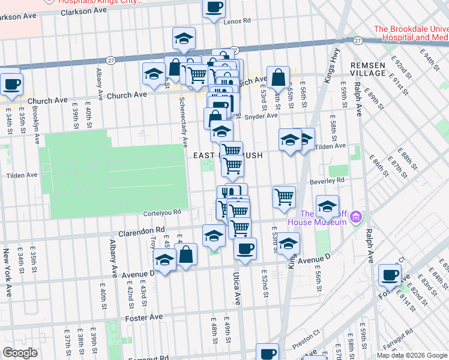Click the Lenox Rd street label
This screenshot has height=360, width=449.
pyautogui.click(x=237, y=21)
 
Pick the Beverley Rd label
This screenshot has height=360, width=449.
pyautogui.click(x=327, y=180)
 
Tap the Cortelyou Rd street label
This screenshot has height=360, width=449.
pyautogui.click(x=161, y=212)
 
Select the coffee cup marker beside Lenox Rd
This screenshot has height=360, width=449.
pyautogui.click(x=214, y=8)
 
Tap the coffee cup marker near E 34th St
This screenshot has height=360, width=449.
pyautogui.click(x=11, y=83)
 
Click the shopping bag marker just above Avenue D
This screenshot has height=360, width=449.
pyautogui.click(x=187, y=254)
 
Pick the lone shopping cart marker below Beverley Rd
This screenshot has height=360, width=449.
pyautogui.click(x=285, y=196)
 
